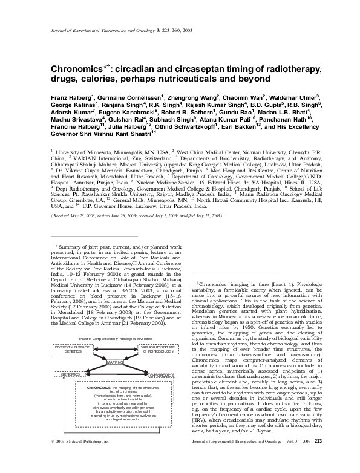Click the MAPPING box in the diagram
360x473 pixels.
pos(115,363)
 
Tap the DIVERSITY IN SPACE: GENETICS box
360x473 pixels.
pos(73,349)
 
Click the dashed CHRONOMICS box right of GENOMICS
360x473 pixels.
pos(161,376)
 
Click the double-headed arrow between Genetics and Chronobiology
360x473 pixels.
pos(115,349)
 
